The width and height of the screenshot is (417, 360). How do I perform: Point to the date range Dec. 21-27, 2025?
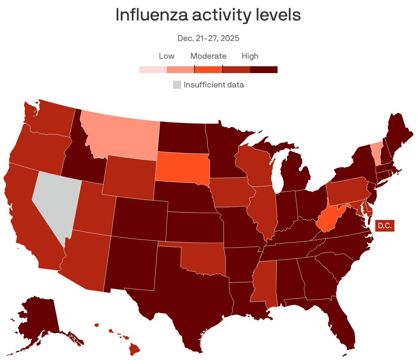(208, 38)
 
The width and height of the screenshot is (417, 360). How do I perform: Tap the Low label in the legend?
(166, 56)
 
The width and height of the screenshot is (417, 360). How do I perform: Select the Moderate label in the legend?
(208, 56)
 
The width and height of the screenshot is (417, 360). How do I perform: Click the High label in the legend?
(250, 56)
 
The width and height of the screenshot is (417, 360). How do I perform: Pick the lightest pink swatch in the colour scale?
(153, 70)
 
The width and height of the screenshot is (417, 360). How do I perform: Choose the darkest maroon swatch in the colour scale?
(264, 70)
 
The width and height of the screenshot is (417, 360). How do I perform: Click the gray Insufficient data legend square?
(177, 85)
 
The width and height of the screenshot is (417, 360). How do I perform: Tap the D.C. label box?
(385, 226)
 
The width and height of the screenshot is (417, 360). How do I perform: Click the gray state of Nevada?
(56, 202)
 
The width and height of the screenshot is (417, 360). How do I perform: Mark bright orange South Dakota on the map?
(181, 166)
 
